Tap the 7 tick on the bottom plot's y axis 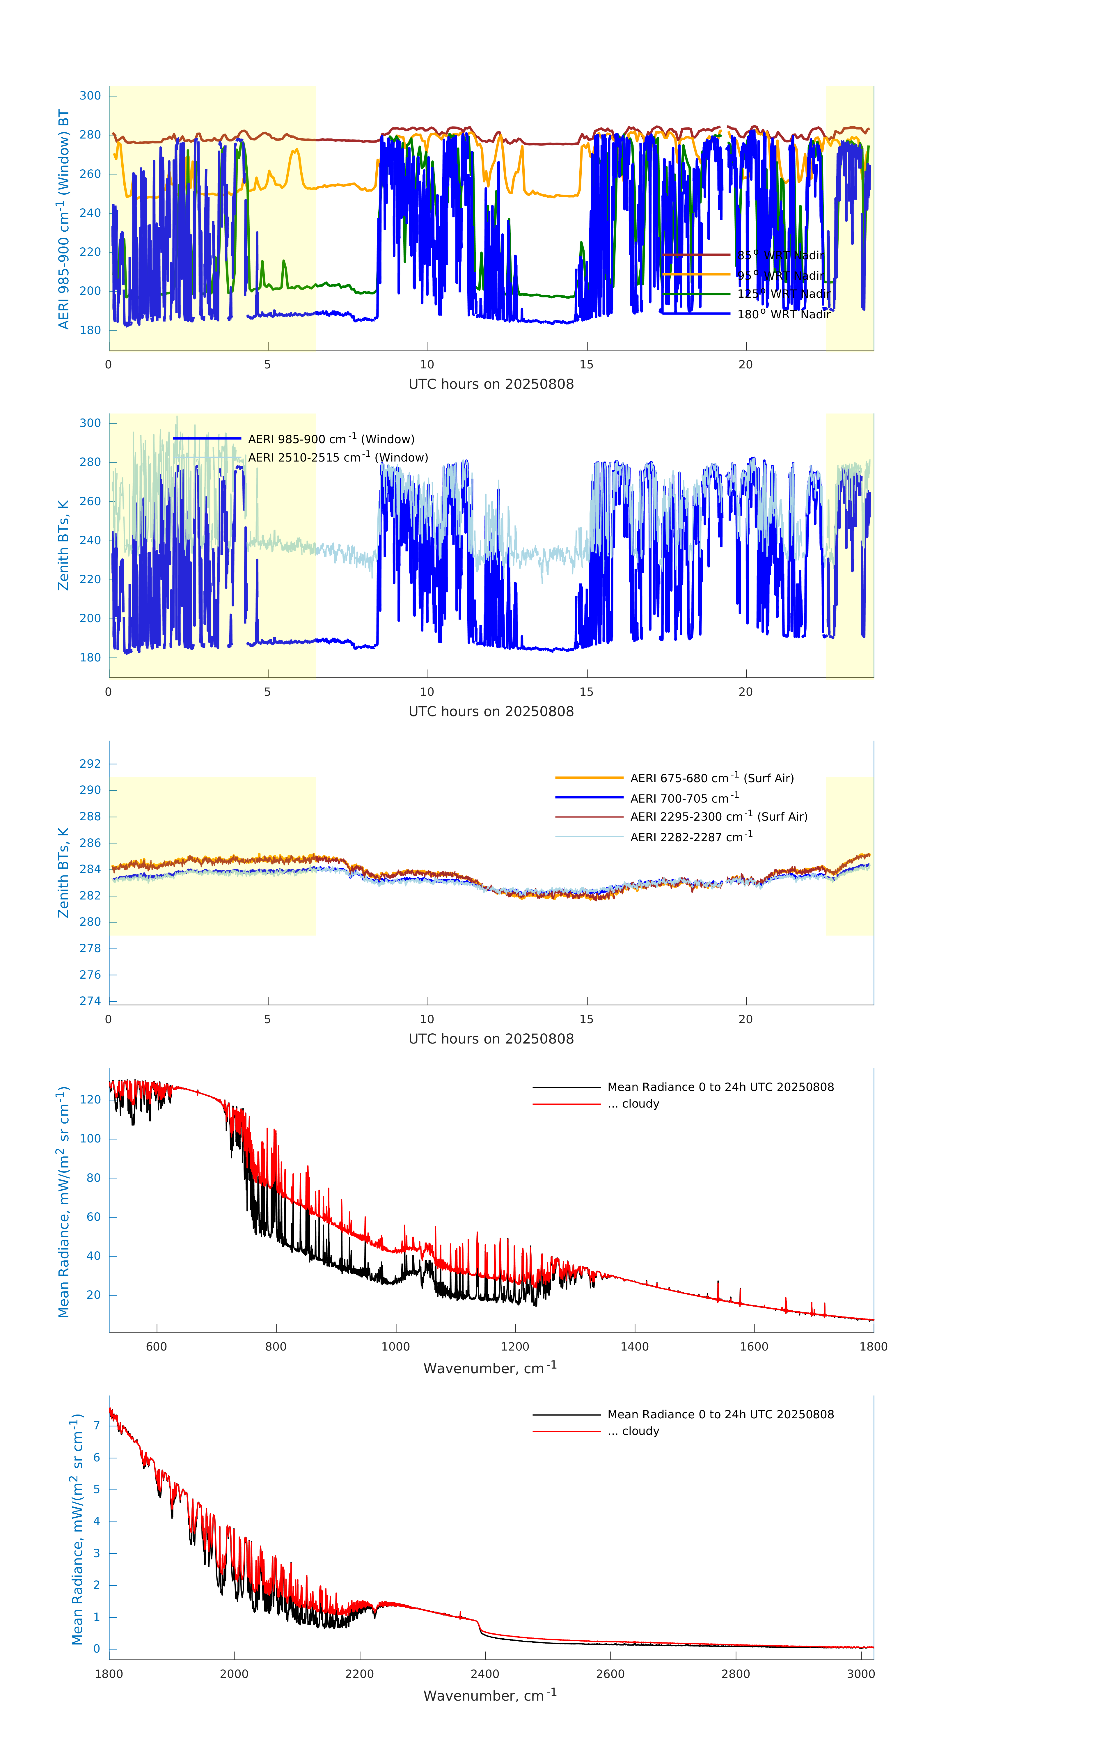(x=96, y=1426)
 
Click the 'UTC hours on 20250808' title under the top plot (x=491, y=384)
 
